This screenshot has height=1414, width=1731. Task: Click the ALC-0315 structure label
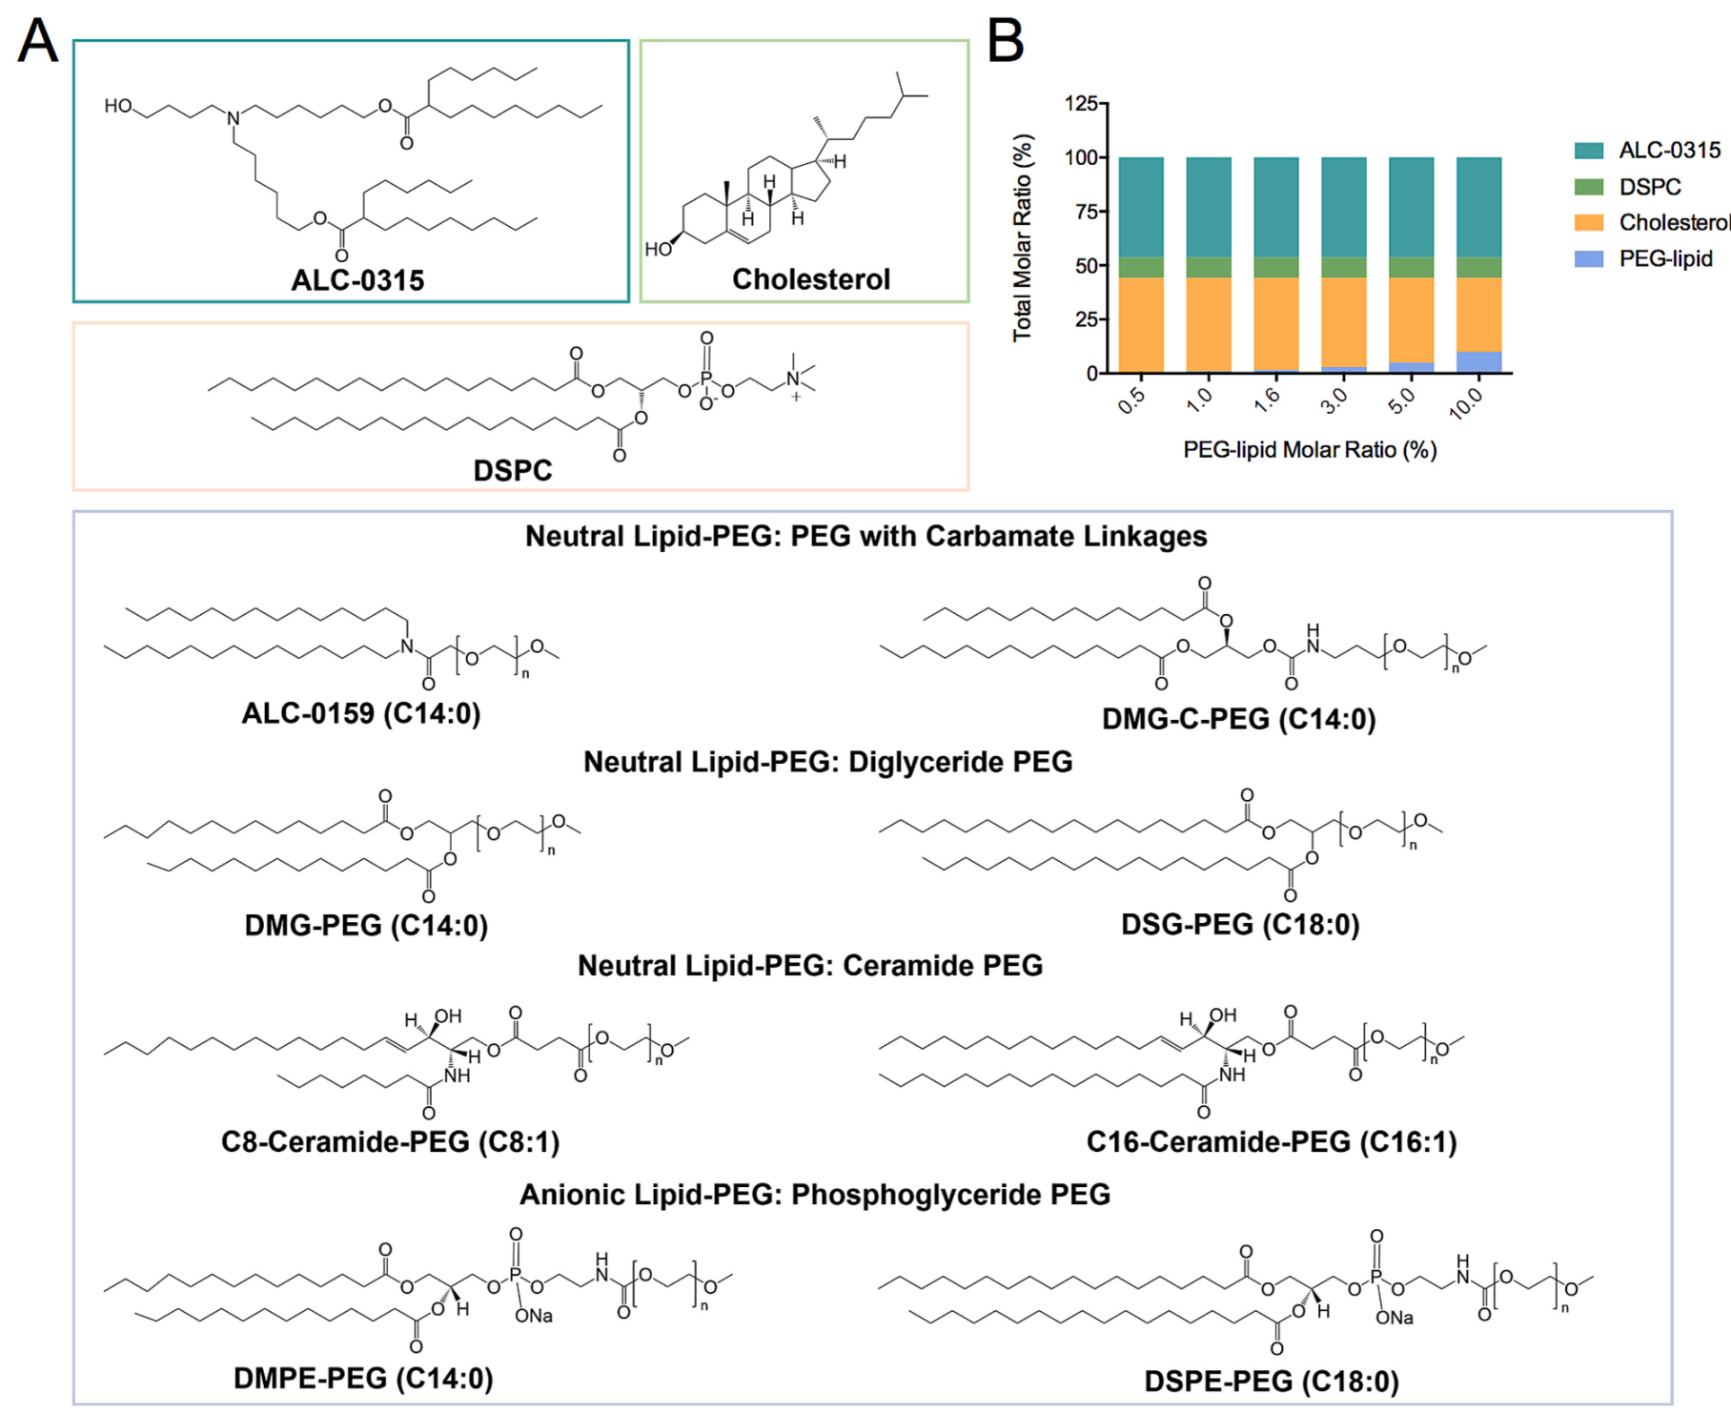pyautogui.click(x=357, y=280)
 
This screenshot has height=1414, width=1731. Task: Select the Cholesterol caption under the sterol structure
pyautogui.click(x=811, y=279)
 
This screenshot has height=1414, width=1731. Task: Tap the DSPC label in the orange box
pyautogui.click(x=513, y=470)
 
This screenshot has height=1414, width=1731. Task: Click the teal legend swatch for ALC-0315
pyautogui.click(x=1589, y=151)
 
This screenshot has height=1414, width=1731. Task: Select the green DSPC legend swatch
pyautogui.click(x=1589, y=187)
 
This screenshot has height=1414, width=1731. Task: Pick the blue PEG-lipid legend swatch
pyautogui.click(x=1589, y=258)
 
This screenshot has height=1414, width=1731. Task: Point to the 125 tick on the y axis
pyautogui.click(x=1081, y=103)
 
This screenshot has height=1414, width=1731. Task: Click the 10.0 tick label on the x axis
pyautogui.click(x=1466, y=403)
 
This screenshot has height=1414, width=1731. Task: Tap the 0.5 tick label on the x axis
pyautogui.click(x=1131, y=400)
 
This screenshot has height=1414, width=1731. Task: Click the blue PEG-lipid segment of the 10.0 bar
pyautogui.click(x=1479, y=362)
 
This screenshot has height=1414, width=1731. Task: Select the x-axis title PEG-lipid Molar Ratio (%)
pyautogui.click(x=1310, y=450)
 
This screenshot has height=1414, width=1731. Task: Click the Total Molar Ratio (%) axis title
pyautogui.click(x=1023, y=237)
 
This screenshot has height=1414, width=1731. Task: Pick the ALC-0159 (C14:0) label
pyautogui.click(x=361, y=713)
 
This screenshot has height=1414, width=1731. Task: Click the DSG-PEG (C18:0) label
pyautogui.click(x=1240, y=924)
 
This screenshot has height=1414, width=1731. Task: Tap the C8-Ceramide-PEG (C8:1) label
pyautogui.click(x=390, y=1141)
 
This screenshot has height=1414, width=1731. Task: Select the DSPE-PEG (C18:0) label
pyautogui.click(x=1272, y=1382)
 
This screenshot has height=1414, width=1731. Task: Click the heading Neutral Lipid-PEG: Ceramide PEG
pyautogui.click(x=810, y=966)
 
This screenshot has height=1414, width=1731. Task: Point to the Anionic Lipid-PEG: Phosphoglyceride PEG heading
pyautogui.click(x=815, y=1195)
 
